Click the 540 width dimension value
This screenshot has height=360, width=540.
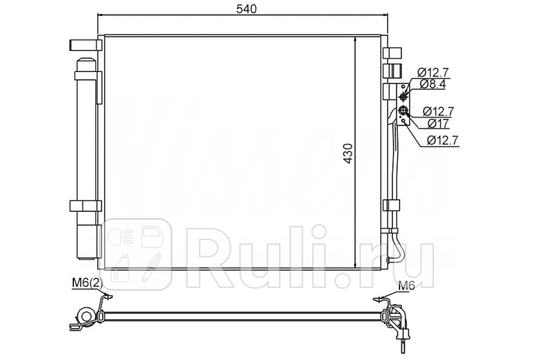(247, 9)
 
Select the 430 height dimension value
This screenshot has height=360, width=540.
(348, 153)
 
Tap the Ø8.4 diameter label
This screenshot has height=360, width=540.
(433, 84)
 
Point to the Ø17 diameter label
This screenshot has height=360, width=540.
(438, 124)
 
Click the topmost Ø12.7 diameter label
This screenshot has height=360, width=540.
(433, 72)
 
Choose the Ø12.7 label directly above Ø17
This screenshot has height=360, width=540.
(438, 112)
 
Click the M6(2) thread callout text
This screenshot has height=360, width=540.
(87, 283)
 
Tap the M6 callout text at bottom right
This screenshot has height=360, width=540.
(406, 286)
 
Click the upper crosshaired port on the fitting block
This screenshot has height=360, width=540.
(403, 97)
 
